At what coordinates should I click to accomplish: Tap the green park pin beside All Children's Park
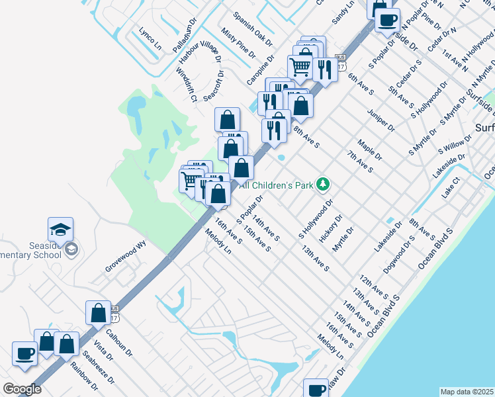323,184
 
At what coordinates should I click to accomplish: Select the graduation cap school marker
60,230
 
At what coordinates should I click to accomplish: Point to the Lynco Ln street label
150,39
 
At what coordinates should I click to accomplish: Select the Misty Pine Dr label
238,44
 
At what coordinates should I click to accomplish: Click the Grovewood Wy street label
124,257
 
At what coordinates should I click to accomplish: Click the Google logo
22,389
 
